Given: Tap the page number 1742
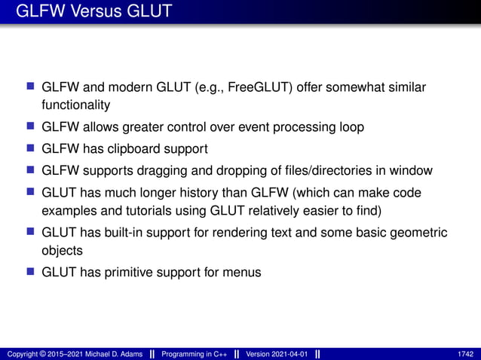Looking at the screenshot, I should [x=466, y=354].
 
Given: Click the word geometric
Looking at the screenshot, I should [x=421, y=232].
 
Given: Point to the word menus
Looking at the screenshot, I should [x=244, y=271].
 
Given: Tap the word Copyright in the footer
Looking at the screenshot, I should [x=20, y=354].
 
